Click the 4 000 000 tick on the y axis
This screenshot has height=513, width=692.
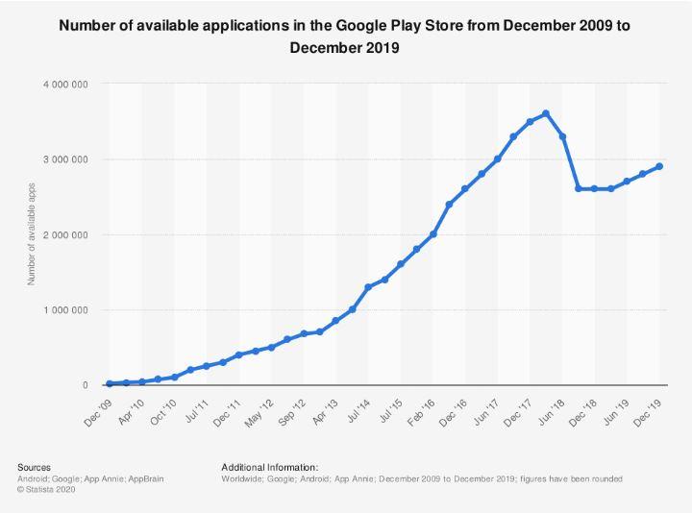[x=66, y=85]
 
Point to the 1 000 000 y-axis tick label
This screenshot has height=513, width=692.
[x=66, y=310]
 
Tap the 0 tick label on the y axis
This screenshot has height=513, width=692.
[x=86, y=385]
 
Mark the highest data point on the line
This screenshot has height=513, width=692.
[x=546, y=113]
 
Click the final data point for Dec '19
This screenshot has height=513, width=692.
[x=659, y=166]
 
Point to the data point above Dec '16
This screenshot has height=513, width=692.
[x=464, y=189]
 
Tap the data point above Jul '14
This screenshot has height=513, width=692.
[x=367, y=287]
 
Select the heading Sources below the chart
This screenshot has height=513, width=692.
[x=35, y=467]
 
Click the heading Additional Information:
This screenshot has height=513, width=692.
[x=269, y=467]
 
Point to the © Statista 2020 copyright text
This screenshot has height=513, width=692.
[x=46, y=489]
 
